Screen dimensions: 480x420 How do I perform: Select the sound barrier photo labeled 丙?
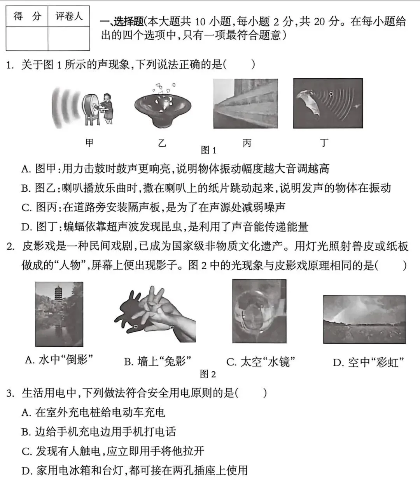[x=245, y=104]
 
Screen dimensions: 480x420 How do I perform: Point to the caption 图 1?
[x=208, y=150]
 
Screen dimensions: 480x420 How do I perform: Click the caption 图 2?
[x=208, y=374]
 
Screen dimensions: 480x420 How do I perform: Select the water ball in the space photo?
[x=259, y=312]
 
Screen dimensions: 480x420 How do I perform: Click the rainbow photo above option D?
[x=364, y=319]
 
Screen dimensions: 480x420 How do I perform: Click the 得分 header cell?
[x=27, y=16]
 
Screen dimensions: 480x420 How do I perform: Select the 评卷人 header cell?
[x=69, y=16]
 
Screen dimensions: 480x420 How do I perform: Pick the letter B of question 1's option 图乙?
[x=26, y=189]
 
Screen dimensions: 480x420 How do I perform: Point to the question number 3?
[x=10, y=393]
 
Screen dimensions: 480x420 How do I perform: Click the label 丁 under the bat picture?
[x=324, y=143]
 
